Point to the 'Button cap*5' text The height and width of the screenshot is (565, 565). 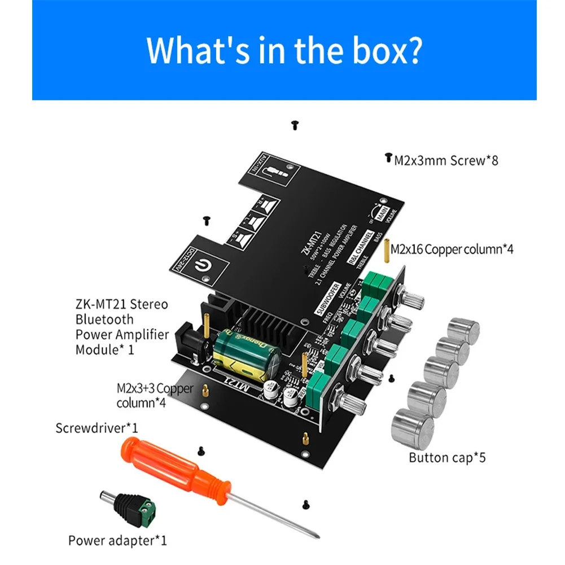[447, 457]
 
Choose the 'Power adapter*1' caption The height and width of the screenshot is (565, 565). [117, 540]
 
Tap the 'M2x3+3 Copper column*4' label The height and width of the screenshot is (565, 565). [154, 395]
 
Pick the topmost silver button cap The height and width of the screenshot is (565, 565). [463, 330]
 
